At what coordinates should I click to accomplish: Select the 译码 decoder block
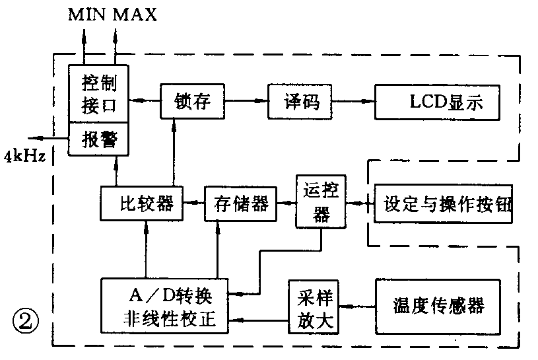pos(299,101)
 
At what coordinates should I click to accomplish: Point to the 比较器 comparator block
pos(141,203)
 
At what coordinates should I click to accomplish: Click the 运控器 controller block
pos(321,201)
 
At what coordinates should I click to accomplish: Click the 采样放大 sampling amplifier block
pos(314,306)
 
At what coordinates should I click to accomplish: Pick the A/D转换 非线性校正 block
pos(164,306)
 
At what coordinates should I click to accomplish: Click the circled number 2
pos(26,324)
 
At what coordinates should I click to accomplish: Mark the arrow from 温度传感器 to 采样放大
pos(356,306)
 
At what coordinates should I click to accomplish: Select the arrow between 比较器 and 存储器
pos(193,204)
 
